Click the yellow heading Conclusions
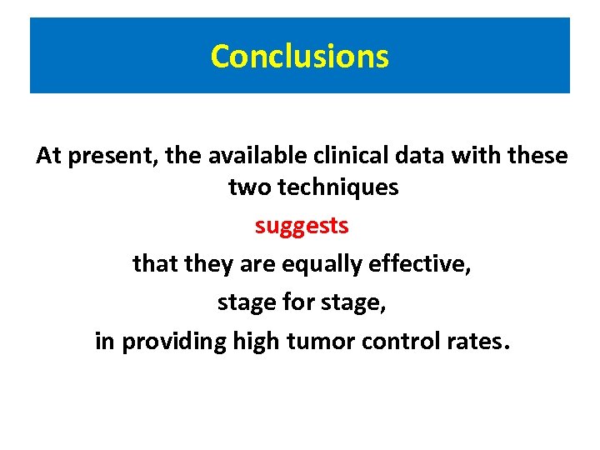(299, 57)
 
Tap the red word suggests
(302, 226)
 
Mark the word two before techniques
(250, 188)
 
